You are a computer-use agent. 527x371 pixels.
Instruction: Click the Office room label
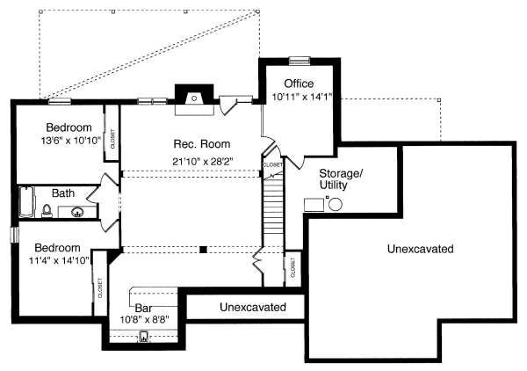(299, 84)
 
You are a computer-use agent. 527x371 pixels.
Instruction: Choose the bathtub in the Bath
(25, 202)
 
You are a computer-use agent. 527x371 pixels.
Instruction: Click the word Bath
(62, 193)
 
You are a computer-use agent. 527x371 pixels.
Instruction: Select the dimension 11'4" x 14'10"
(57, 260)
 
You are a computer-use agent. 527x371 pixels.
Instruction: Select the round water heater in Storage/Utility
(335, 204)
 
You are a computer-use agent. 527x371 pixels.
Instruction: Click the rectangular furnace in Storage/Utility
(314, 204)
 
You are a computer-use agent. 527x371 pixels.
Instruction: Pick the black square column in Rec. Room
(203, 249)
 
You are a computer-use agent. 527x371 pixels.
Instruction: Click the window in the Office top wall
(300, 60)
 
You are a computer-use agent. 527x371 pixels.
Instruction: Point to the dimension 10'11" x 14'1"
(303, 98)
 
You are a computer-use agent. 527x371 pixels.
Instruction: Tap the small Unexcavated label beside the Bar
(253, 308)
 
